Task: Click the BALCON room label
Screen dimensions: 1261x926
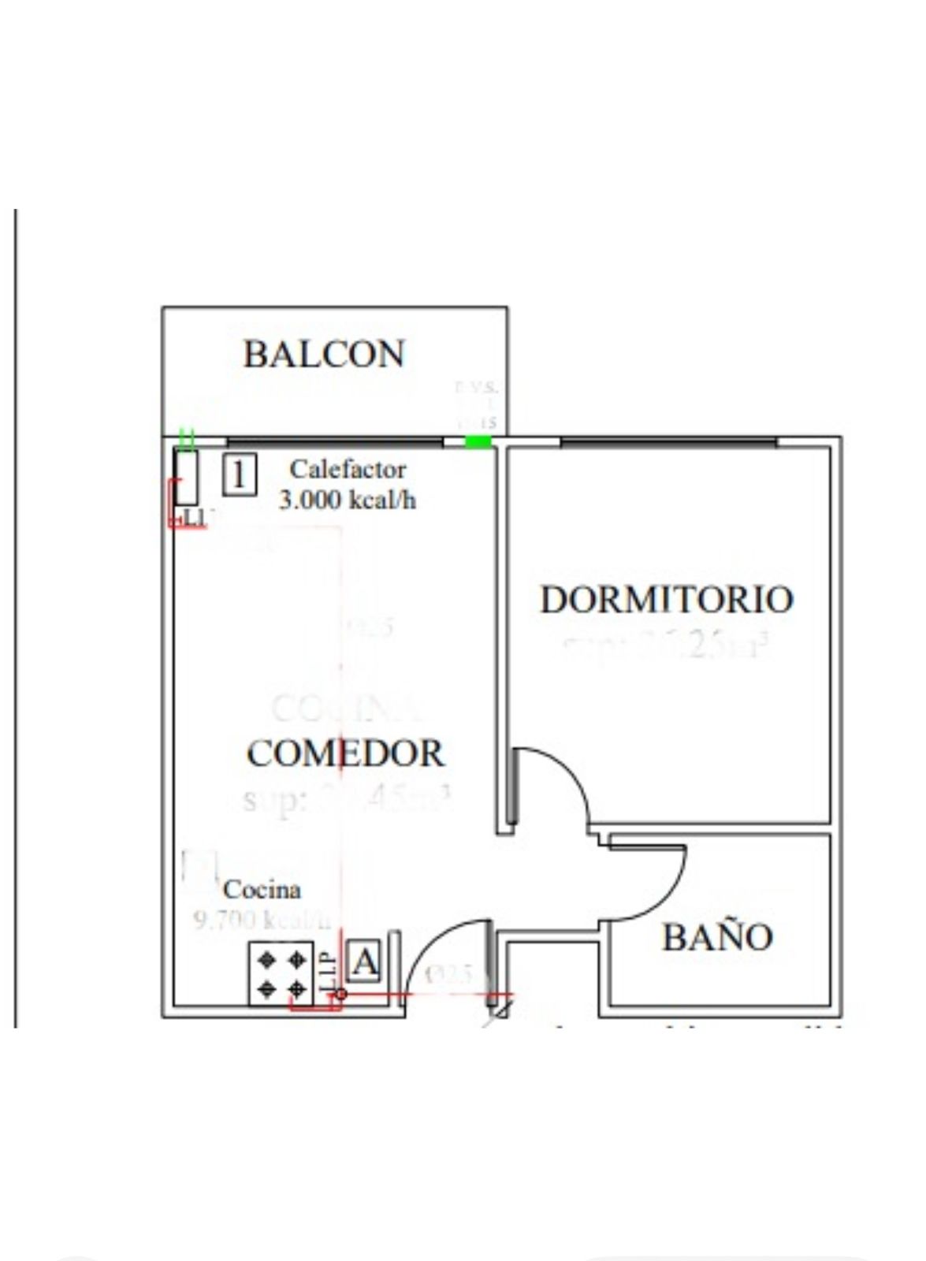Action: point(323,354)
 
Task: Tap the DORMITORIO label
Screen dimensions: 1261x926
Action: point(666,599)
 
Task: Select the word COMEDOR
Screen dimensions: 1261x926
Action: point(345,753)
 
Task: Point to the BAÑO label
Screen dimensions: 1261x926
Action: point(717,937)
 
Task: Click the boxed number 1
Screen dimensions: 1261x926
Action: point(239,475)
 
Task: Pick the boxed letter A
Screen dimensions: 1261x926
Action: point(363,962)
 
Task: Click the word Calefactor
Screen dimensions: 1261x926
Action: point(348,469)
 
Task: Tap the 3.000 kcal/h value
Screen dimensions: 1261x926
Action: point(348,500)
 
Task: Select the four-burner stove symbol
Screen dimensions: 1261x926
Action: point(281,973)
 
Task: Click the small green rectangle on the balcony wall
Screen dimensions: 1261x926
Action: point(478,441)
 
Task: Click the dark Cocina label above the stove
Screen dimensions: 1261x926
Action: point(262,890)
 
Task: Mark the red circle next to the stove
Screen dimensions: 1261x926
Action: point(341,995)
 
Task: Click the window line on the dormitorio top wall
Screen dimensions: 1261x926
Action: point(668,441)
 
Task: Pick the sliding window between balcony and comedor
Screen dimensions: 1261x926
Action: point(334,441)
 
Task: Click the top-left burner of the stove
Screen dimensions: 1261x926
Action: point(267,958)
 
